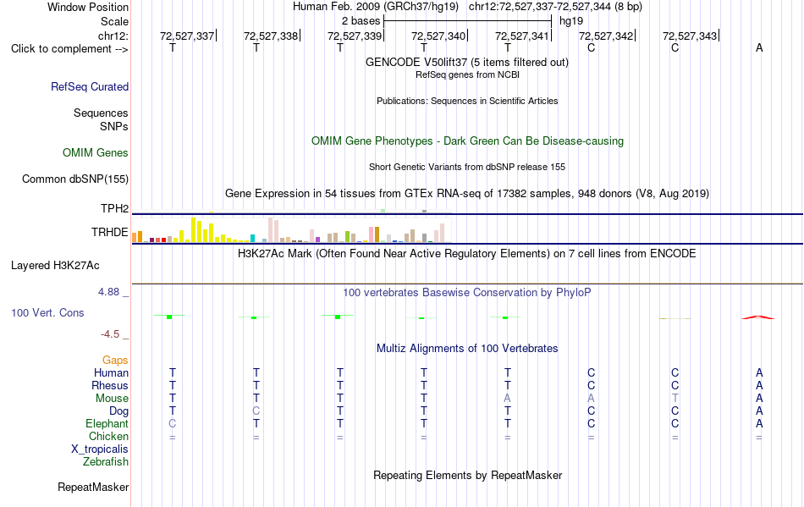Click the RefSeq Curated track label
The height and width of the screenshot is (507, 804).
tap(90, 86)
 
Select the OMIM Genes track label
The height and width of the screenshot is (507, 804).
tap(96, 152)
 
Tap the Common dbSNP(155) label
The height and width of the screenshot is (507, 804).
tap(75, 179)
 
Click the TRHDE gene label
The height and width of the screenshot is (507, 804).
tap(110, 232)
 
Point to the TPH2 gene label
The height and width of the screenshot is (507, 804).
tap(114, 209)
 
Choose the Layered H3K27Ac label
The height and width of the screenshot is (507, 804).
tap(55, 266)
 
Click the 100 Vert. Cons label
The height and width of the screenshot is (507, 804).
tap(47, 312)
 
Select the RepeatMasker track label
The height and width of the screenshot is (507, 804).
tap(93, 487)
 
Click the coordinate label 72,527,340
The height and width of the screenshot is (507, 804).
tap(438, 36)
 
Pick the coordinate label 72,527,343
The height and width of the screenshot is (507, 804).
tap(690, 36)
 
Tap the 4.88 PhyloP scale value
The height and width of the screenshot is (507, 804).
tap(108, 292)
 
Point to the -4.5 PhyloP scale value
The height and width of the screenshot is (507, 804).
tap(110, 334)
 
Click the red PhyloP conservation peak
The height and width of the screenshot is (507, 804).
tap(758, 317)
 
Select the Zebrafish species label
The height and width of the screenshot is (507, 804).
tap(106, 462)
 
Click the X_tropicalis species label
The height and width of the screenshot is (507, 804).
tap(100, 449)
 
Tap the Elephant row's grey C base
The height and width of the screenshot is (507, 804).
tap(173, 423)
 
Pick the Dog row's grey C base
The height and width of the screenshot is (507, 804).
tap(256, 411)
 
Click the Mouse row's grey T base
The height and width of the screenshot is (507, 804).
tap(675, 399)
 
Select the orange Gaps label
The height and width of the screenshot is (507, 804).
tap(115, 361)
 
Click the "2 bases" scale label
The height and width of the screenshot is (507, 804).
tap(361, 21)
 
